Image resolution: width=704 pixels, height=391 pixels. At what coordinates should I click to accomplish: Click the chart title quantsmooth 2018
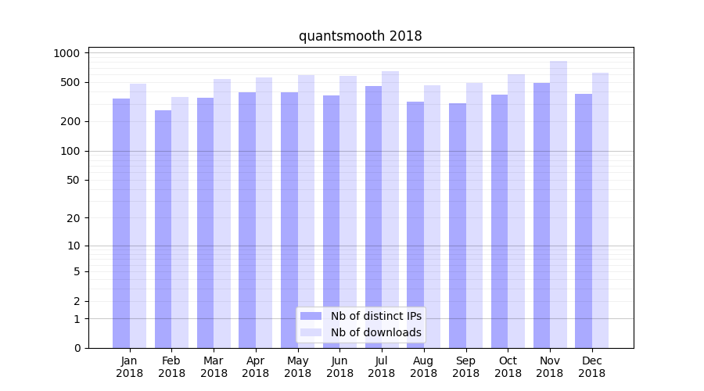pos(360,36)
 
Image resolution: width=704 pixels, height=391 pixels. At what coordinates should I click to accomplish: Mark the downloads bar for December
pos(601,210)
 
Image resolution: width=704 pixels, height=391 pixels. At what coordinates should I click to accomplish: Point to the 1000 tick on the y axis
pos(67,53)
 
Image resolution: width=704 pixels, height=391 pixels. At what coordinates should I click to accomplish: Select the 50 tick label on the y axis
pos(73,180)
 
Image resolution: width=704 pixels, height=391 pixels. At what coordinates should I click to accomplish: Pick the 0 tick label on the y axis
pos(77,348)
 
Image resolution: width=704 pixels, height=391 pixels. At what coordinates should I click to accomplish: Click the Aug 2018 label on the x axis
pos(424,367)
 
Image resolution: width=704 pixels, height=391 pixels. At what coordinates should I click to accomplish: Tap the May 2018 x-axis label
pos(298,367)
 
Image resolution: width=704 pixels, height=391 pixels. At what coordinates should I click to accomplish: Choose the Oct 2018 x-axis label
pos(508,367)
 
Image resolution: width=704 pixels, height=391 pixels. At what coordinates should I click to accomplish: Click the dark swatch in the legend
pos(311,316)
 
